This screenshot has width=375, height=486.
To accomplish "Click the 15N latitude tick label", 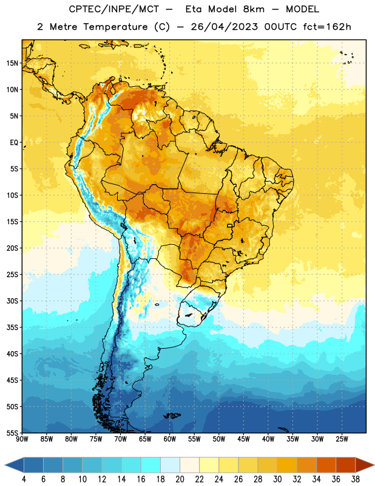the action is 12,63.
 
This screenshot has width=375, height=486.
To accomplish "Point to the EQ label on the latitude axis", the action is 14,143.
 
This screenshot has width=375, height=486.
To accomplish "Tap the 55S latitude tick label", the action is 12,433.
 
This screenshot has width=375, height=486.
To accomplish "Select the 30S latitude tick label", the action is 12,301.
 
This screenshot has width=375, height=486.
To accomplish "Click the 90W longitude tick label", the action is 22,439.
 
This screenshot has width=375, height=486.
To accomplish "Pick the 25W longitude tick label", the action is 342,439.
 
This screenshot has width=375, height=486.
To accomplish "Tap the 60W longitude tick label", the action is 170,439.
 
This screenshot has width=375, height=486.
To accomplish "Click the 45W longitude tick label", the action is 243,439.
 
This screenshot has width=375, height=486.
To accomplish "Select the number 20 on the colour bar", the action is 180,479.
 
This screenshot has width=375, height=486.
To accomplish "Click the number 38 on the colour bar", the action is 356,479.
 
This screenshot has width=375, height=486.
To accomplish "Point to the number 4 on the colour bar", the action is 24,479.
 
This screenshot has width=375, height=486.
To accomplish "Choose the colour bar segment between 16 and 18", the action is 151,465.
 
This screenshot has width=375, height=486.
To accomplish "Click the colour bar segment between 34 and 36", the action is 326,465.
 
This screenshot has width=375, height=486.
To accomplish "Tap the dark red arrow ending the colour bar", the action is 364,465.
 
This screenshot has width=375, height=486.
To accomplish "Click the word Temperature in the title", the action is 115,27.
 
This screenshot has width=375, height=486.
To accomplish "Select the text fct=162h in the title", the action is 327,27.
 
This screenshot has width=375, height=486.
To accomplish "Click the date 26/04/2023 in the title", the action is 224,27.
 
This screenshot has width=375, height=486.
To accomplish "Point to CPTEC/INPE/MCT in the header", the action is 114,9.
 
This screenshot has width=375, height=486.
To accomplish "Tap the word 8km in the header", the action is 254,9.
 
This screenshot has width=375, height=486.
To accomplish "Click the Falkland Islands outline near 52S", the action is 172,416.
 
